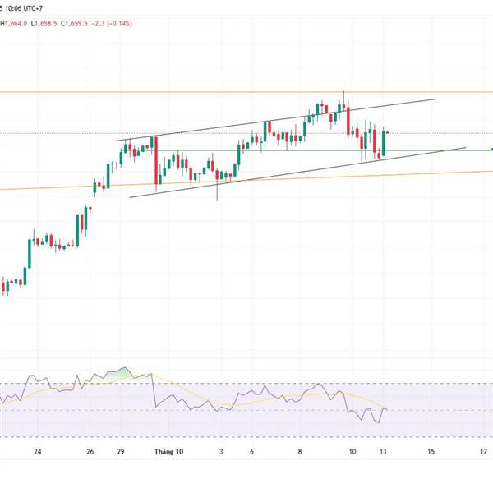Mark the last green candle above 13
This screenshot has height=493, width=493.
pyautogui.click(x=384, y=141)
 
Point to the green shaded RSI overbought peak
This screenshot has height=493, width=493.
pyautogui.click(x=123, y=372)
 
